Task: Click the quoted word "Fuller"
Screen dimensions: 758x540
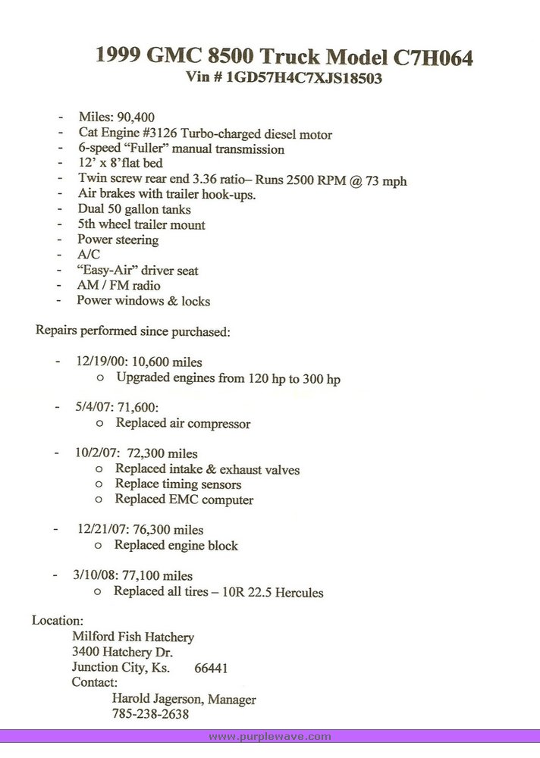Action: pos(165,149)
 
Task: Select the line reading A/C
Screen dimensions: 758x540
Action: pos(88,255)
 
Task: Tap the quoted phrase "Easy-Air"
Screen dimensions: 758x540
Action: pos(107,271)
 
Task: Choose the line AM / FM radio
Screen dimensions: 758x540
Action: pos(118,286)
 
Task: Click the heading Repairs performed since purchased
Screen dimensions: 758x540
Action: pos(133,331)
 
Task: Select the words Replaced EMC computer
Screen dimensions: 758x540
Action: pos(184,500)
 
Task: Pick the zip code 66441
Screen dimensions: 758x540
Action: pos(211,669)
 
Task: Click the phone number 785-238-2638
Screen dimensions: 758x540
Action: pos(150,714)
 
